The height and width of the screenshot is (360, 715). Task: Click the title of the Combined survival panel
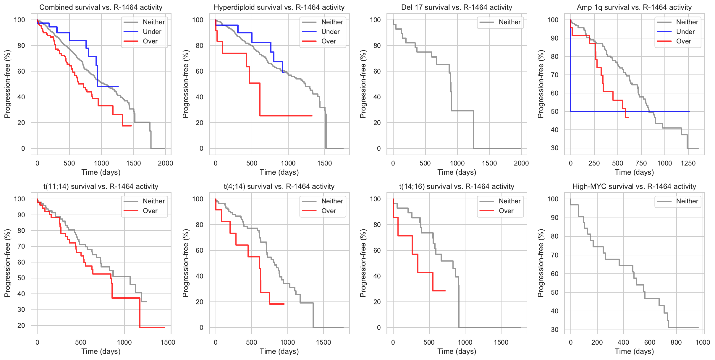[101, 7]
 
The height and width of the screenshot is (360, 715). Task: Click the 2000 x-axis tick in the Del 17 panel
[521, 163]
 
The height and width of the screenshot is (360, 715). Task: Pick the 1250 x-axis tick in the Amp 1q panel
[688, 163]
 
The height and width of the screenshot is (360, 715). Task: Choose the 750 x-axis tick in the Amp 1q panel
[641, 163]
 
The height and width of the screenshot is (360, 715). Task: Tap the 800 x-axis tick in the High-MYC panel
[676, 342]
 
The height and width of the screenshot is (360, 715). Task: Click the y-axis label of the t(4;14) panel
[185, 263]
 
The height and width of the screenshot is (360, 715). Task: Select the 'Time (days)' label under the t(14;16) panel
[457, 351]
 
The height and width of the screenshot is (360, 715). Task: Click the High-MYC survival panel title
[634, 187]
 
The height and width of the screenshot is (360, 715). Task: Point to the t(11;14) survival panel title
[101, 187]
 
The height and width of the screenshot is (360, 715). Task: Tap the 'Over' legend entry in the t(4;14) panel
[329, 211]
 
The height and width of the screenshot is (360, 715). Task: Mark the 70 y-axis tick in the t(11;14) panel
[21, 247]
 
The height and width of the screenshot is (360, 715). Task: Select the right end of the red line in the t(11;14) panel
[165, 327]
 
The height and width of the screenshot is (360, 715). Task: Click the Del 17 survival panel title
[457, 7]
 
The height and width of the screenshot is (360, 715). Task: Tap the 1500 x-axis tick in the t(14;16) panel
[501, 342]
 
